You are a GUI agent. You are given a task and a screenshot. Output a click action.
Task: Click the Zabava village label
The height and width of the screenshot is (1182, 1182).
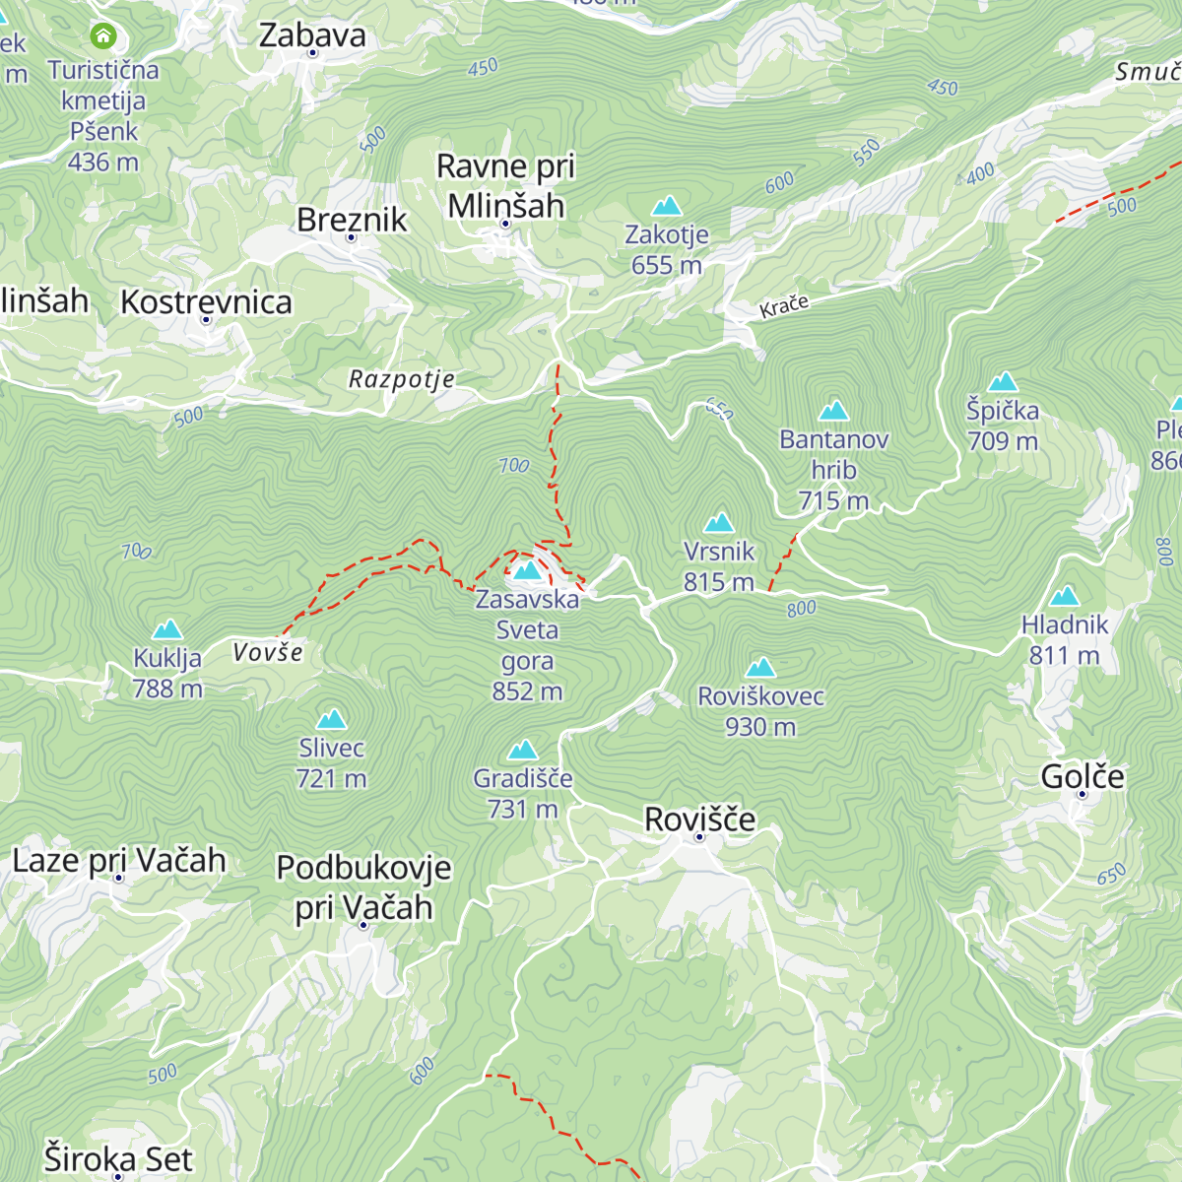pos(312,35)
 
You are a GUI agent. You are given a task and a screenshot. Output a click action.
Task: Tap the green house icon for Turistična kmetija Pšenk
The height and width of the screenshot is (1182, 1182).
pos(102,37)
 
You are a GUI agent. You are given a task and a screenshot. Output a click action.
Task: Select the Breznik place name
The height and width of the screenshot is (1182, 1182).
pos(352,220)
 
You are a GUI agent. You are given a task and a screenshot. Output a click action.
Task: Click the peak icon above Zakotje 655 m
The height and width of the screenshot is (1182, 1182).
pos(667,206)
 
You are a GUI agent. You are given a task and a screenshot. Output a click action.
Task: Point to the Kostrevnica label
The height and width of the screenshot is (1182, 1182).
pos(206,301)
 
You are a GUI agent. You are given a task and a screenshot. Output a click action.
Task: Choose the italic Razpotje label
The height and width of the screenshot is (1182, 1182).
pos(402,379)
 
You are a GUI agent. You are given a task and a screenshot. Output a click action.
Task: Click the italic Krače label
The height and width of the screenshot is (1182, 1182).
pos(784,306)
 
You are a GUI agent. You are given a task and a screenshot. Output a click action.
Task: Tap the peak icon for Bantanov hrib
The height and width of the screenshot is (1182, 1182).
pos(833,410)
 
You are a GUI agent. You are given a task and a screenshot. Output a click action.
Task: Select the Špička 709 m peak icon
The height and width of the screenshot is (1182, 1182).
pos(1003,381)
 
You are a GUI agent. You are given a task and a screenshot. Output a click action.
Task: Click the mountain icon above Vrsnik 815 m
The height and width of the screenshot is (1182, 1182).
pos(719,522)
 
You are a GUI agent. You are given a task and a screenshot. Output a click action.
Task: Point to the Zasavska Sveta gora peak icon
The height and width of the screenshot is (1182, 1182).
pos(527,570)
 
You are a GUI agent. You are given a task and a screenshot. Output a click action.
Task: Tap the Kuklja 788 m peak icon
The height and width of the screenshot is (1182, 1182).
pos(167,628)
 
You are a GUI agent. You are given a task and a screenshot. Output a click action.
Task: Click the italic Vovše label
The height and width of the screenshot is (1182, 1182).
pos(268,652)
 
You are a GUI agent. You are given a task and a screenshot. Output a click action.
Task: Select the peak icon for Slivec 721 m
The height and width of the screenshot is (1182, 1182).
pos(331,719)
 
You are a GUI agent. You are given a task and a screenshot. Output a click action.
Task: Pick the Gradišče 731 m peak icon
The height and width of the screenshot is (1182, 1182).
pos(522,750)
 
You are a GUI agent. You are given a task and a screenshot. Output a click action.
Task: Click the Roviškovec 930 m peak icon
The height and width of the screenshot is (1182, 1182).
pos(759,668)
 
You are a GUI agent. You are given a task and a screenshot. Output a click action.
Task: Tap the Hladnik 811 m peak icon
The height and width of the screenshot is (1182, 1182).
pos(1064,596)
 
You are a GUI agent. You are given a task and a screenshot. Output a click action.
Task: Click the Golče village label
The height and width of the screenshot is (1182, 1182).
pos(1082,777)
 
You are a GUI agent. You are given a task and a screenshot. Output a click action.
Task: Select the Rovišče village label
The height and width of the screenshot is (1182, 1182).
pos(699,820)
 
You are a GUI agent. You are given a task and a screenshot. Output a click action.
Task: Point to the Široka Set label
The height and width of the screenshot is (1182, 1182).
pos(118,1159)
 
